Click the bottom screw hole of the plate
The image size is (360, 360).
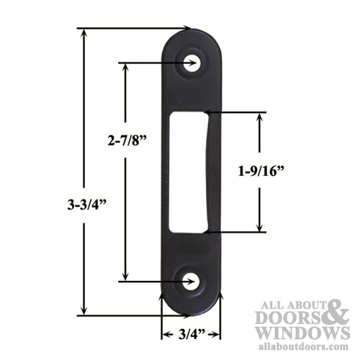[192, 280]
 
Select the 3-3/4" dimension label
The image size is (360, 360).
[84, 204]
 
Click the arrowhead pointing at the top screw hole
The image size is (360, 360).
[188, 63]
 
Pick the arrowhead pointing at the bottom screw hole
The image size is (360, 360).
[188, 280]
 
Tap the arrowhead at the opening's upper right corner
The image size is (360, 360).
[207, 112]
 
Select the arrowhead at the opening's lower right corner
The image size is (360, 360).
[207, 233]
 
